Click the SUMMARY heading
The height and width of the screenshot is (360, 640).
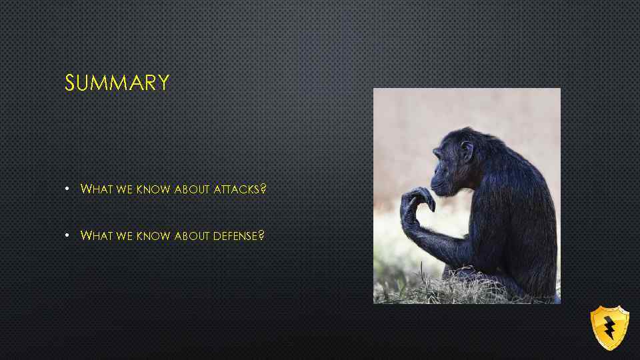coord(117,83)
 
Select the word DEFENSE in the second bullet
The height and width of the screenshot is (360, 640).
coord(235,236)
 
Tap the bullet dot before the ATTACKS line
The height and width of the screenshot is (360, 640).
coord(68,189)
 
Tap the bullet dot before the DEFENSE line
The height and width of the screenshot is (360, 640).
coord(68,236)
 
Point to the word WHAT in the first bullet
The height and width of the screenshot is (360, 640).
coord(97,189)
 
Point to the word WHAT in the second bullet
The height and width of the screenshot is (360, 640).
coord(97,236)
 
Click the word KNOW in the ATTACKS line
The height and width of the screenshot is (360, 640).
coord(153,189)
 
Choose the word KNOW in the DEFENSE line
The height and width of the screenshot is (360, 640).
coord(153,236)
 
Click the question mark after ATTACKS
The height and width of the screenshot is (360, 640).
coord(263,189)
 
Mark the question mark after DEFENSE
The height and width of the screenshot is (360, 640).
coord(261,236)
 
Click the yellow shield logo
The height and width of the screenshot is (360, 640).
coord(609,327)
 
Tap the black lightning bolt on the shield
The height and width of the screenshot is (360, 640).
coord(609,327)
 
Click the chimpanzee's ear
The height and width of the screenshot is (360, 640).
coord(466,151)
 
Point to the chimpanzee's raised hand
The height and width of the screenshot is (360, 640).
coord(417,200)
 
